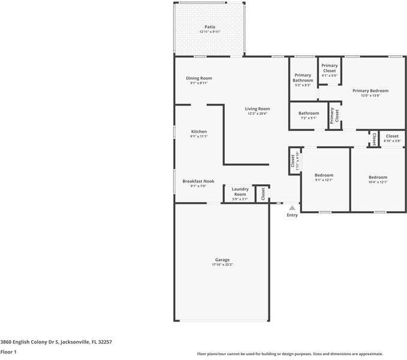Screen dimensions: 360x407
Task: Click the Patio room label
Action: pos(209,27)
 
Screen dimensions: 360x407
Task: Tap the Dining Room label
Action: pos(198,78)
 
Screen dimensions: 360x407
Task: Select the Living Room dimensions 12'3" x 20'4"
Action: pos(257,113)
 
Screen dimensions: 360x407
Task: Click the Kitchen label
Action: pos(198,131)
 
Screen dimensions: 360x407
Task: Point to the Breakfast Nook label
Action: pos(198,181)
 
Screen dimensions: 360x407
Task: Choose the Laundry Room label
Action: pos(240,191)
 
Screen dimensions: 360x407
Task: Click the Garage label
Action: pos(222,260)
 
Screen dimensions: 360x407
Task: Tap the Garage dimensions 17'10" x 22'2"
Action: pos(222,265)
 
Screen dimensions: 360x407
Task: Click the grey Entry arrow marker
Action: pos(292,208)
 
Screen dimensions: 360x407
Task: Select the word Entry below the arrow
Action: pos(292,215)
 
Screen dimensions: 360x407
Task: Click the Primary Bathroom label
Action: pos(303,77)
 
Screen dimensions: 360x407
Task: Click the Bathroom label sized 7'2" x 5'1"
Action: pos(309,113)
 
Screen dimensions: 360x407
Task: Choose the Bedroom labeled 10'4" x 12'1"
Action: pos(378,178)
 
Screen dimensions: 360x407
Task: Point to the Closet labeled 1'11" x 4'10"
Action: pos(293,161)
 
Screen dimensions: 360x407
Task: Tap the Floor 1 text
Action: pos(8,352)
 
